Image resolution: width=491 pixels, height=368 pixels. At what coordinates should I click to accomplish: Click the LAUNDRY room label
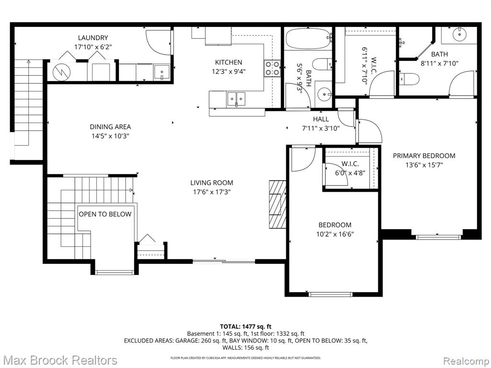point(93,38)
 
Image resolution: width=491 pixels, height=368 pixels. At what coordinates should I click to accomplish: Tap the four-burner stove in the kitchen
point(272,69)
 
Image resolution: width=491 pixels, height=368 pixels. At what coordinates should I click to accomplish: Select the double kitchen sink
point(236,99)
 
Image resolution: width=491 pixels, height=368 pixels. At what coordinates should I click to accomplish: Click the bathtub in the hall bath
point(308,38)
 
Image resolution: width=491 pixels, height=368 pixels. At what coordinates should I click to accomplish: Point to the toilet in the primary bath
point(409,79)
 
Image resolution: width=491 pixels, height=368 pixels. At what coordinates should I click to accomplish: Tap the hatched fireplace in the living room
point(278,204)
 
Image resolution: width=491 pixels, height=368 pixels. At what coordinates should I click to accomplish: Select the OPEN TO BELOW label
point(105,214)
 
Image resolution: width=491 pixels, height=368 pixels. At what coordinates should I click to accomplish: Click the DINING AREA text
point(110,126)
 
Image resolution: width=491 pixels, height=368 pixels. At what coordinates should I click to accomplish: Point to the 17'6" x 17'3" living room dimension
point(211,192)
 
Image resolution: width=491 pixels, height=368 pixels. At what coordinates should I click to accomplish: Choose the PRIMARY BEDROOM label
point(424,156)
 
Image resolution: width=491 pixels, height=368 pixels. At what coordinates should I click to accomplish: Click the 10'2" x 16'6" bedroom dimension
point(335,234)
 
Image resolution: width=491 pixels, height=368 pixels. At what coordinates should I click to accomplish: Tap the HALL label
point(321,119)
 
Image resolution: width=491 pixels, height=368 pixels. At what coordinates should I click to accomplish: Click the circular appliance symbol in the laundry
point(62,72)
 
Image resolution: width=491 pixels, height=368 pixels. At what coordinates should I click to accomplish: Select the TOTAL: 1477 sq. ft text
point(246,327)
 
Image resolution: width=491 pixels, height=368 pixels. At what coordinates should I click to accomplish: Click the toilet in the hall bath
point(322,64)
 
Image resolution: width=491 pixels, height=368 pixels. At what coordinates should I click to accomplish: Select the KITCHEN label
point(229,62)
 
